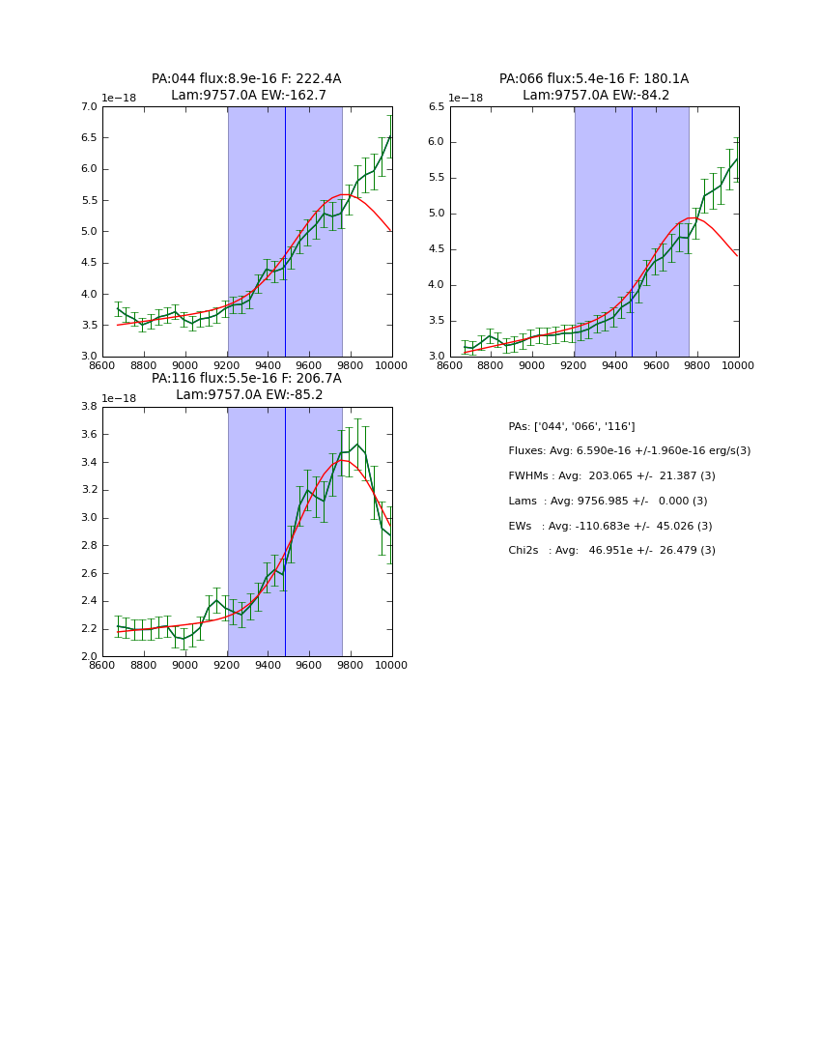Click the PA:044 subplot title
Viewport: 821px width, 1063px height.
coord(246,87)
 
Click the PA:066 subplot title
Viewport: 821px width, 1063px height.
coord(594,87)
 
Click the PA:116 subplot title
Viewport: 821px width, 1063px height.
coord(246,387)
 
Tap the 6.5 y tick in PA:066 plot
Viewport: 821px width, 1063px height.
coord(436,106)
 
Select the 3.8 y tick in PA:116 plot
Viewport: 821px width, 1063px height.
coord(89,407)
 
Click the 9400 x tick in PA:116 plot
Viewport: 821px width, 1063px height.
coord(268,665)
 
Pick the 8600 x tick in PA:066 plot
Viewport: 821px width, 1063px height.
coord(450,365)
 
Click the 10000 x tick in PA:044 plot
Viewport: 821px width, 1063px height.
coord(390,365)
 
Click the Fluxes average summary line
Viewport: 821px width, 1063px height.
coord(629,451)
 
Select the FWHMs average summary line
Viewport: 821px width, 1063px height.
coord(611,475)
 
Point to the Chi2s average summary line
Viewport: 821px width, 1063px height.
coord(611,551)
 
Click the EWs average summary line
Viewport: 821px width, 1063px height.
coord(611,526)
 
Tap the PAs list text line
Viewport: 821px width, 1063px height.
coord(571,426)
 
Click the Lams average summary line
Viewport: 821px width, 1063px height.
coord(608,501)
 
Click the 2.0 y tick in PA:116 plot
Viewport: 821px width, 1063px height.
coord(89,656)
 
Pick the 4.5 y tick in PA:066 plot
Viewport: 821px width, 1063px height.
coord(436,249)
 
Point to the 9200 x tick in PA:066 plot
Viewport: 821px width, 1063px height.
coord(574,365)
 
